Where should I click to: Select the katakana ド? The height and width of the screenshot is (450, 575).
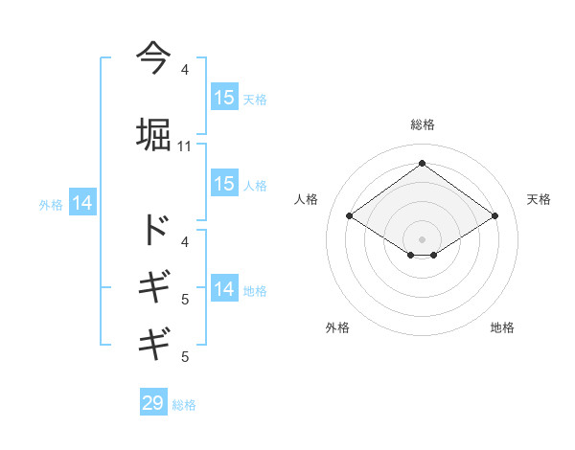[154, 229]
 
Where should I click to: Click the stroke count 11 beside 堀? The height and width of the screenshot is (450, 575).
[185, 146]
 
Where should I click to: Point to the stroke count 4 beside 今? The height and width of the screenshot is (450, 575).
[185, 70]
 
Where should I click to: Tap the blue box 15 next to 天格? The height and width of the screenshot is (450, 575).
[224, 98]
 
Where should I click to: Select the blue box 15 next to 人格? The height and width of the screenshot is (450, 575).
[224, 184]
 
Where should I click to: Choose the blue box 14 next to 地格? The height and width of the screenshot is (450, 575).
[224, 289]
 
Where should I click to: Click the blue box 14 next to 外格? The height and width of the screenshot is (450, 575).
[82, 203]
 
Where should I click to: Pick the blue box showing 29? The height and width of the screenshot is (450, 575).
[153, 403]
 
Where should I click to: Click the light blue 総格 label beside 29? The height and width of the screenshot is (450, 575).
[185, 405]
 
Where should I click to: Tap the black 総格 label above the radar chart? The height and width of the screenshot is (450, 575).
[423, 124]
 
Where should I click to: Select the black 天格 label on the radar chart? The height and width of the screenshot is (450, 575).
[539, 199]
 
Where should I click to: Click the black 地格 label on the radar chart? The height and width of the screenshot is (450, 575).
[502, 327]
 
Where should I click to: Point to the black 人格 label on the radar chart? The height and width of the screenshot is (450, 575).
[306, 199]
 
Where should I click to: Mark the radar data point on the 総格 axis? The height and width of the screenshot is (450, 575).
[422, 164]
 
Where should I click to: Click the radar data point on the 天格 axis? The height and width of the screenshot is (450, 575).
[494, 216]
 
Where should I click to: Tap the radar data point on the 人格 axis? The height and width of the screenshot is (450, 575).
[350, 216]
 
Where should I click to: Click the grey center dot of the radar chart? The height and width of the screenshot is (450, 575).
[422, 238]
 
